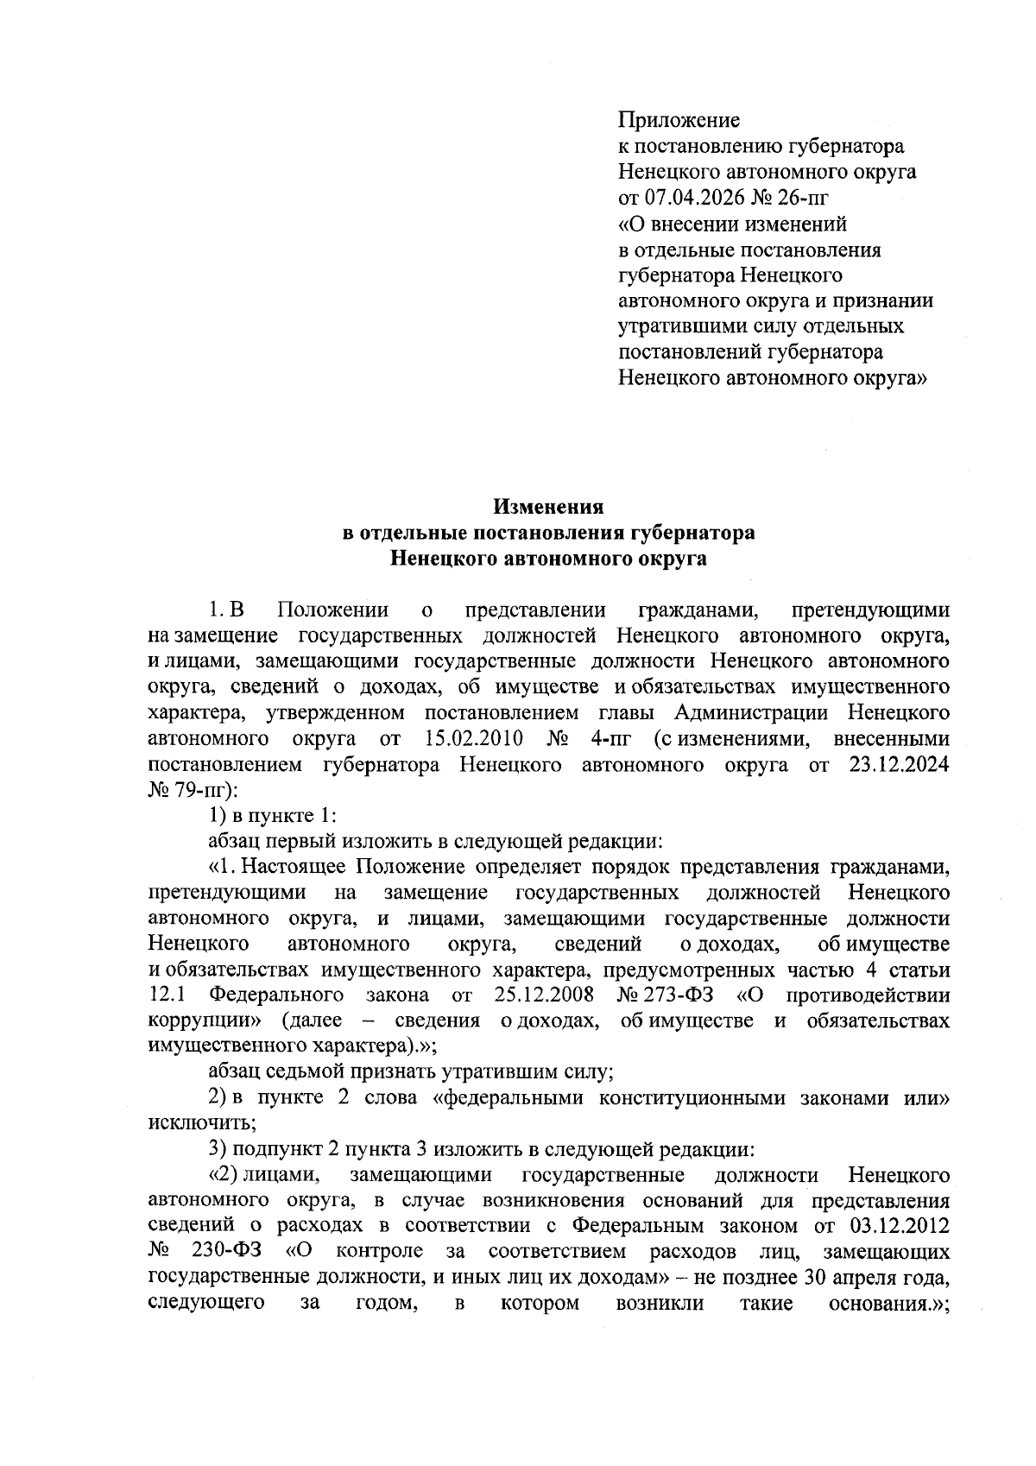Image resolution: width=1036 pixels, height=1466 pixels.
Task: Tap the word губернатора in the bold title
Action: [x=687, y=533]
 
